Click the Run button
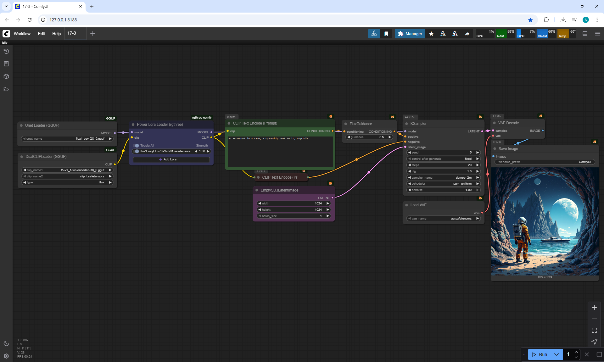point(540,354)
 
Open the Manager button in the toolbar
point(410,34)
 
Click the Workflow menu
point(22,34)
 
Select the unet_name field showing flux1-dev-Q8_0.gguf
point(67,139)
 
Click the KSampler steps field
point(443,165)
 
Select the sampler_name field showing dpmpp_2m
point(443,178)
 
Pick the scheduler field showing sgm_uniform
point(443,184)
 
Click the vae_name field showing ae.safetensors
point(443,219)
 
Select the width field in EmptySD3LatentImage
point(294,203)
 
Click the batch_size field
point(294,216)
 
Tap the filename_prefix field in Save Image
point(545,162)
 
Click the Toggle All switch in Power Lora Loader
point(136,146)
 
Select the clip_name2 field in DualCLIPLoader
point(67,176)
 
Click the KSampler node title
point(418,124)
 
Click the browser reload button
point(30,20)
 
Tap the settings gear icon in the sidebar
point(6,356)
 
